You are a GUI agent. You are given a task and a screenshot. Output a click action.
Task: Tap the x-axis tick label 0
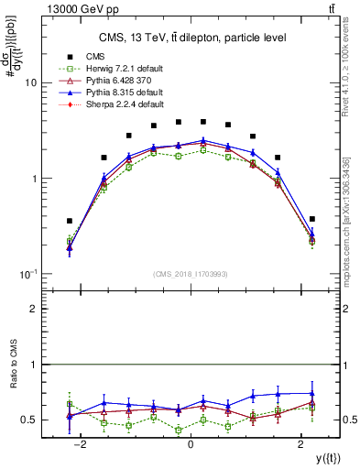pos(191,444)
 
